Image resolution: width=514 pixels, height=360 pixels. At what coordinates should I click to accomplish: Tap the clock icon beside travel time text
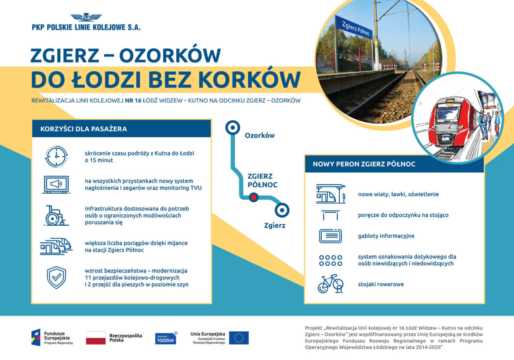coord(56,156)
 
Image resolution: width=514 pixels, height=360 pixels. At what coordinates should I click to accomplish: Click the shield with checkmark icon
coord(56,278)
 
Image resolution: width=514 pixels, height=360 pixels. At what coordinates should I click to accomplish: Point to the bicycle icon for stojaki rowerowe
coord(330,284)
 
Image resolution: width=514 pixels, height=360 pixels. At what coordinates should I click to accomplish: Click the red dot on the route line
coord(253,198)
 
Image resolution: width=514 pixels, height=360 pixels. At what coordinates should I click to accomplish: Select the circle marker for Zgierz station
coord(282,210)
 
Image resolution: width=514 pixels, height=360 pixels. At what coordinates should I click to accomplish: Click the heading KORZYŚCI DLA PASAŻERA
coord(84,129)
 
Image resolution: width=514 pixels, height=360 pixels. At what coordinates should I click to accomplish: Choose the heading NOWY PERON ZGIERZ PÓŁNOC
coord(364,164)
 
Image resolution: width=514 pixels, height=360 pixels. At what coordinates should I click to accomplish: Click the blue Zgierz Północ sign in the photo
coord(353,27)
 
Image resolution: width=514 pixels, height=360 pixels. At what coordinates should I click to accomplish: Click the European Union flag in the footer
coord(239,338)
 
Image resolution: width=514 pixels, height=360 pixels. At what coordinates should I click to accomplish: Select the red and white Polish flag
coord(96,338)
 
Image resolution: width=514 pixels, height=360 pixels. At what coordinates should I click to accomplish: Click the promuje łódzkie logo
coord(165,338)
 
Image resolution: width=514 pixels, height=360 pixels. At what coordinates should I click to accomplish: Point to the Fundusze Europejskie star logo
coord(36,337)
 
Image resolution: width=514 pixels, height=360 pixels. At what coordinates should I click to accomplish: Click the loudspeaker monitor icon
coord(56,184)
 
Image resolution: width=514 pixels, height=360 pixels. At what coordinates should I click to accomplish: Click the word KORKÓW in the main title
coord(250,79)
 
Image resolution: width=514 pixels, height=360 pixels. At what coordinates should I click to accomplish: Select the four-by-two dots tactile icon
coord(330,260)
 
